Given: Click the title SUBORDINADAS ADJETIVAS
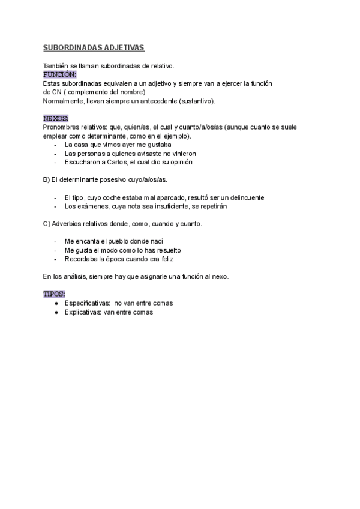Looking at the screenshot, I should pos(94,47).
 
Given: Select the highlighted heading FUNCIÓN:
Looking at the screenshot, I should pos(60,74).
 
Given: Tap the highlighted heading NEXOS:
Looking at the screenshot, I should pos(56,118).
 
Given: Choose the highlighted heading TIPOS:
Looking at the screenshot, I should pos(54,294).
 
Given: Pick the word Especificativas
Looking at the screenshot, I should pos(88,303).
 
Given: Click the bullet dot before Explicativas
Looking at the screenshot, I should pos(56,312).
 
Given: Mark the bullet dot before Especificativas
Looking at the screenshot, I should pos(56,303).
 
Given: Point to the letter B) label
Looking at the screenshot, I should pos(46,179).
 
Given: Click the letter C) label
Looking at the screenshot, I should pos(47,224).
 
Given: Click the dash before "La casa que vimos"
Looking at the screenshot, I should pos(56,145).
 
